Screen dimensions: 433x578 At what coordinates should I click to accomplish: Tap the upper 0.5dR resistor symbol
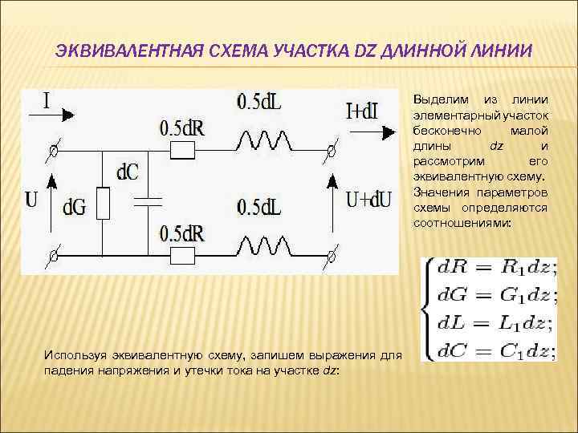coord(185,150)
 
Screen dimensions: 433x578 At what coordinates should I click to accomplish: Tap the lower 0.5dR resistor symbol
coord(185,256)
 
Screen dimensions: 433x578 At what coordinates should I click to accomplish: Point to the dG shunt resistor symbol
coord(102,204)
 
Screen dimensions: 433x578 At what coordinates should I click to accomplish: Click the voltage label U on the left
coord(31,199)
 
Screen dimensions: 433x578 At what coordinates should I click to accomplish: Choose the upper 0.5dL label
coord(259,103)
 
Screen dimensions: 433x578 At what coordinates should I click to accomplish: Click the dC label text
coord(127,170)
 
